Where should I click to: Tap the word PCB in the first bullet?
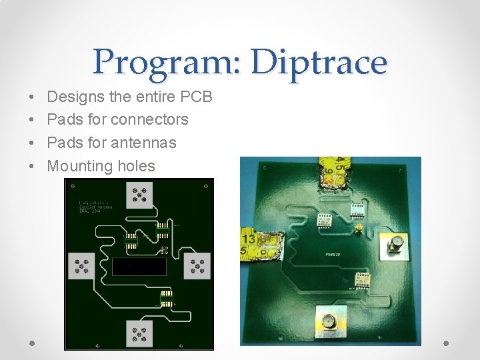(196, 97)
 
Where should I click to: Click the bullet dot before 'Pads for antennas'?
(33, 143)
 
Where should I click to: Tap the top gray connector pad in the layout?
(140, 195)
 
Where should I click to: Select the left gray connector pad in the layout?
(82, 267)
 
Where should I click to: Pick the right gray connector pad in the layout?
(197, 266)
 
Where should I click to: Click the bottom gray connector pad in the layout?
(139, 333)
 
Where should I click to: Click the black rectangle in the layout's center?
(139, 267)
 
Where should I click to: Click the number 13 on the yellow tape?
(249, 238)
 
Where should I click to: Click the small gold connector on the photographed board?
(359, 229)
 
